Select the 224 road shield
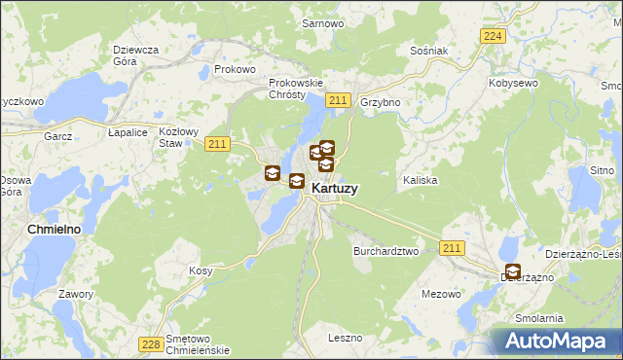[x=493, y=36]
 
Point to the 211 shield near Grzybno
[x=338, y=101]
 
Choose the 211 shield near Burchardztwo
[x=451, y=250]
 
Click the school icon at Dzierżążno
[x=512, y=272]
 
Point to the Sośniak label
[x=427, y=50]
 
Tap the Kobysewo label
[x=515, y=84]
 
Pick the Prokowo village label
[x=235, y=69]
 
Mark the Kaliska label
[x=420, y=181]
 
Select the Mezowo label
[x=441, y=293]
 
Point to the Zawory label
[x=75, y=293]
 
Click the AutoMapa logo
[x=559, y=341]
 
